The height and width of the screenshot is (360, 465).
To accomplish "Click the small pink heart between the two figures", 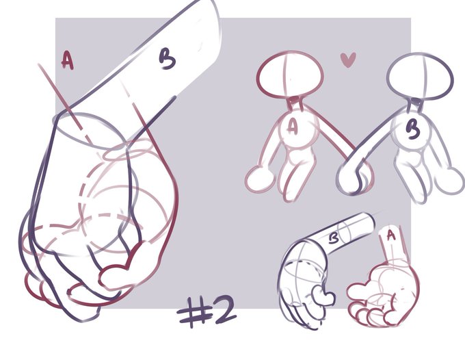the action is [348, 60].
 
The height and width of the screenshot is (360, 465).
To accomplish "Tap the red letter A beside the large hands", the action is [67, 60].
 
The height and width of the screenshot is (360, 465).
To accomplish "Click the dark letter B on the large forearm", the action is [168, 59].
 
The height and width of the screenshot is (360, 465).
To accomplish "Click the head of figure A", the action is [290, 75].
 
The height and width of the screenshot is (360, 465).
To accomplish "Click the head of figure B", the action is [421, 76].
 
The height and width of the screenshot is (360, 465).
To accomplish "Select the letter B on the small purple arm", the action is [334, 237].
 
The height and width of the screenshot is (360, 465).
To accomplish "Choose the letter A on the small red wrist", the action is [391, 235].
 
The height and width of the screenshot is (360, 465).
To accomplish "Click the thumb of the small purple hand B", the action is [323, 295].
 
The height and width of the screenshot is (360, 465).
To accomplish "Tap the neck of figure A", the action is [295, 103].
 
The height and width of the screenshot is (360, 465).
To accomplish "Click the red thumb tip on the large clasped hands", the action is [116, 277].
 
